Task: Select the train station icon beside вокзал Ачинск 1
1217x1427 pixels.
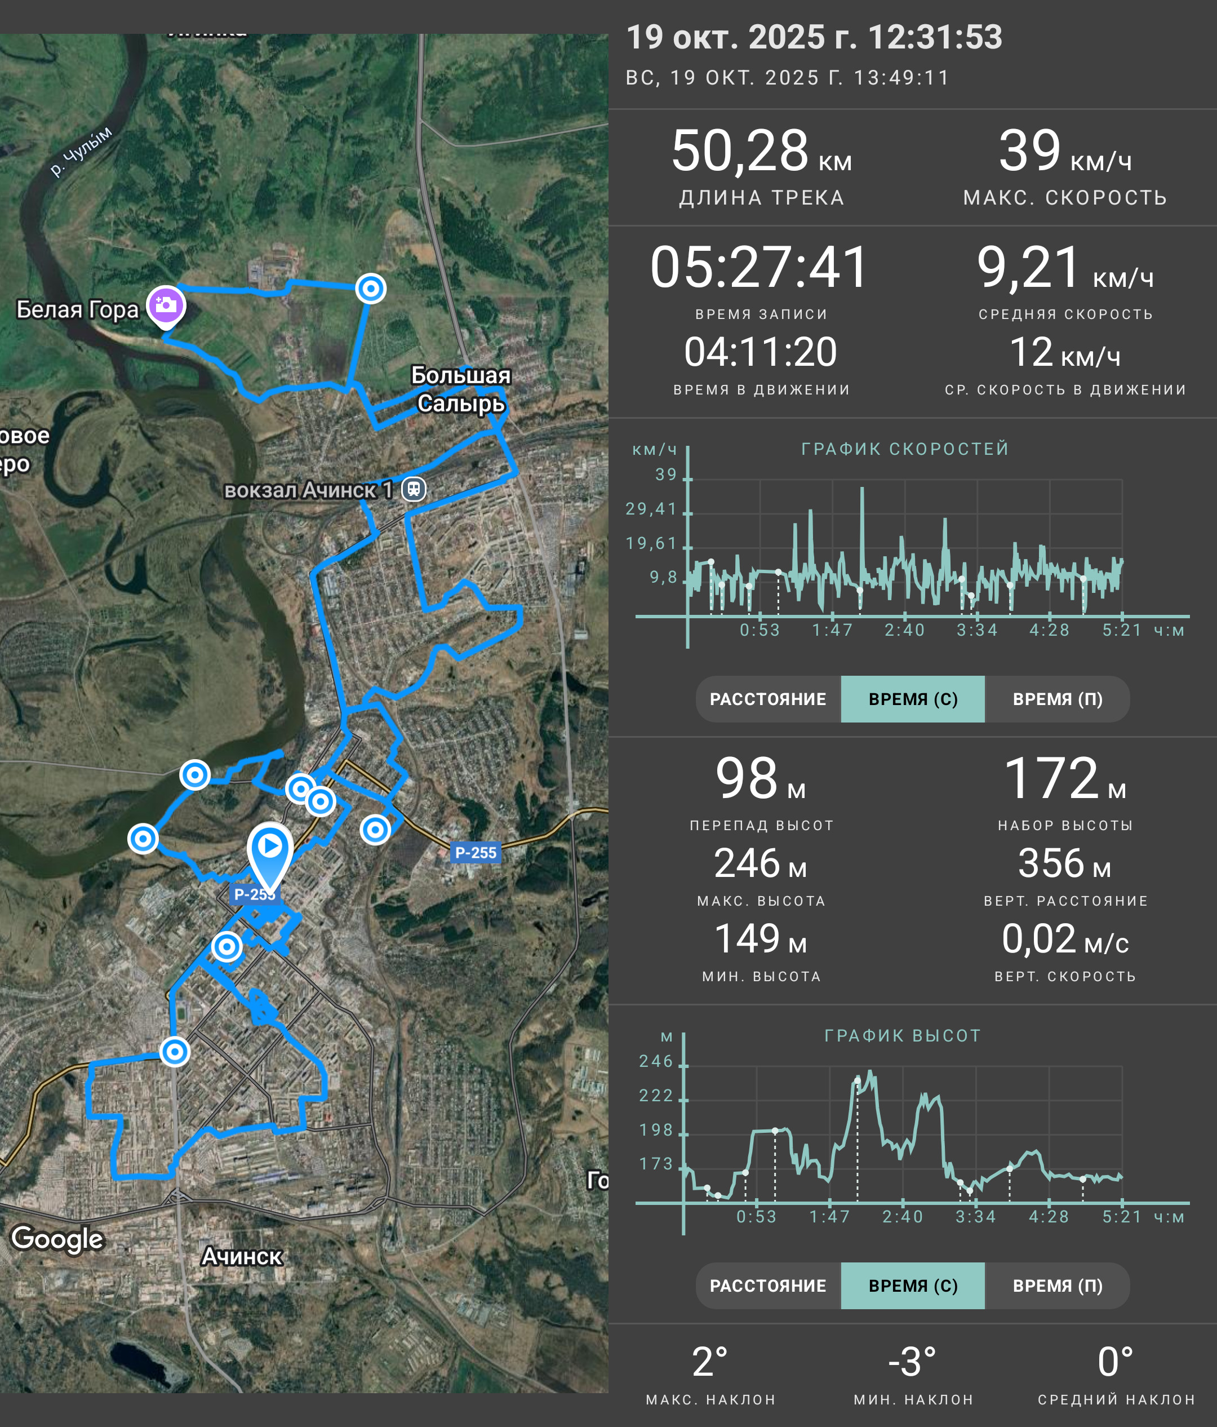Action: [x=414, y=489]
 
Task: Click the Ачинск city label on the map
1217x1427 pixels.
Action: [x=242, y=1256]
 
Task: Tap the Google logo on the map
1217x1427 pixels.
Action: [x=57, y=1238]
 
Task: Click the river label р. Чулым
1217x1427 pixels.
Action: [x=81, y=152]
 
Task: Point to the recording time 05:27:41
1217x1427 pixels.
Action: [x=760, y=267]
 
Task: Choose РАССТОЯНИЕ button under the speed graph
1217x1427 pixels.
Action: [x=768, y=699]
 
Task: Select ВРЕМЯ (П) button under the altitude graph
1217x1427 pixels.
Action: [x=1058, y=1286]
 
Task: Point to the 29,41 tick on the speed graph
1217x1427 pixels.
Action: [x=651, y=509]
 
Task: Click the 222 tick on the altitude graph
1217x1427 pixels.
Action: [x=656, y=1096]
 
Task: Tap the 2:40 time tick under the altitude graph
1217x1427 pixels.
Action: [x=903, y=1217]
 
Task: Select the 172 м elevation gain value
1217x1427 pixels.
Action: [x=1065, y=778]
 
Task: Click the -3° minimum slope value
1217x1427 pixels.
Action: [x=912, y=1362]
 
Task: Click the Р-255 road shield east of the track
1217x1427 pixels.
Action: [x=476, y=853]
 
